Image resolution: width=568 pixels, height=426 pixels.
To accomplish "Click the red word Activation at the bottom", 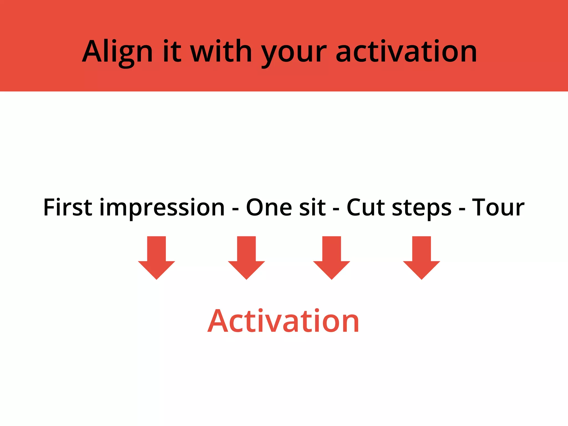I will coord(283,321).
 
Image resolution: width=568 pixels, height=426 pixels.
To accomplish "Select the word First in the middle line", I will coord(67,207).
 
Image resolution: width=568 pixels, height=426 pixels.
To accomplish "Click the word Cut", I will coord(366,207).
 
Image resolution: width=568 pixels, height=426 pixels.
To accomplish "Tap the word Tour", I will coord(498,207).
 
